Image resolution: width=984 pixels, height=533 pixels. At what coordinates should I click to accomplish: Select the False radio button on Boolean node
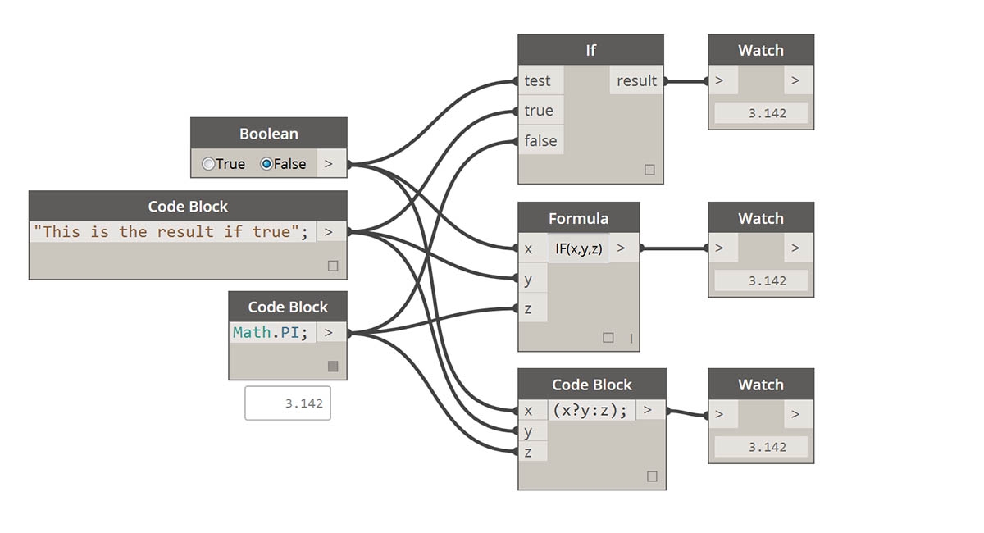coord(266,164)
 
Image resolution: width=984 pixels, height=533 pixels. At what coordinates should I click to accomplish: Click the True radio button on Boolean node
coord(208,164)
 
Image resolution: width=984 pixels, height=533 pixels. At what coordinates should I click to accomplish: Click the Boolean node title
coord(268,134)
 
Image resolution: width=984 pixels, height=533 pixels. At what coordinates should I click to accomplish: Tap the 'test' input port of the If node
coord(538,80)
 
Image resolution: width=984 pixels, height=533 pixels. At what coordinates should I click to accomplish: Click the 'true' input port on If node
coord(539,111)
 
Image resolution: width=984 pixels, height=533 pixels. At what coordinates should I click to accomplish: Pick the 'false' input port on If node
coord(540,141)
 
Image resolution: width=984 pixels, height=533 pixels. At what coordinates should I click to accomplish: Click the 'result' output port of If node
coord(637,80)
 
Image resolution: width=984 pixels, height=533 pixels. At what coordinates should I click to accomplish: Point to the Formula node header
coord(578,219)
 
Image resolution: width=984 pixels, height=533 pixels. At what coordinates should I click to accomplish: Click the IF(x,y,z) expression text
coord(578,248)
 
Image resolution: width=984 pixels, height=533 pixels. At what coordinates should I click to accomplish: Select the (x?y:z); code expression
coord(590,411)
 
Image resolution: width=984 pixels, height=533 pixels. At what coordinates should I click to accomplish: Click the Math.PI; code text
coord(271,332)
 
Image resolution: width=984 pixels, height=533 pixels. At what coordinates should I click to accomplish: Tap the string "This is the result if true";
coord(171,232)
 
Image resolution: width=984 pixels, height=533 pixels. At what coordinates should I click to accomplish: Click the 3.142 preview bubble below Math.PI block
coord(288,403)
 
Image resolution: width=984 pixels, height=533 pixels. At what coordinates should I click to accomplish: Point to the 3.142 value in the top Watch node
coord(760,113)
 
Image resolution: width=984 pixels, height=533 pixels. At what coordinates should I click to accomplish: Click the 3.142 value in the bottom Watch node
coord(760,447)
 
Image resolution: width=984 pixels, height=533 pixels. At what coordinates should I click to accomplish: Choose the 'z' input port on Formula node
coord(529,308)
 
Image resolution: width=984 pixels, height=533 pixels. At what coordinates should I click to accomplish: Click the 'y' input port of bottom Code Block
coord(529,431)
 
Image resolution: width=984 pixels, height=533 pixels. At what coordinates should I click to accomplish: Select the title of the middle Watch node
coord(760,219)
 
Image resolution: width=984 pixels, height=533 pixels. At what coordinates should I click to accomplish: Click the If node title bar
coord(590,50)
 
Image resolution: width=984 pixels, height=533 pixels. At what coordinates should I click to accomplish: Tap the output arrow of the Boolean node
coord(329,164)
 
